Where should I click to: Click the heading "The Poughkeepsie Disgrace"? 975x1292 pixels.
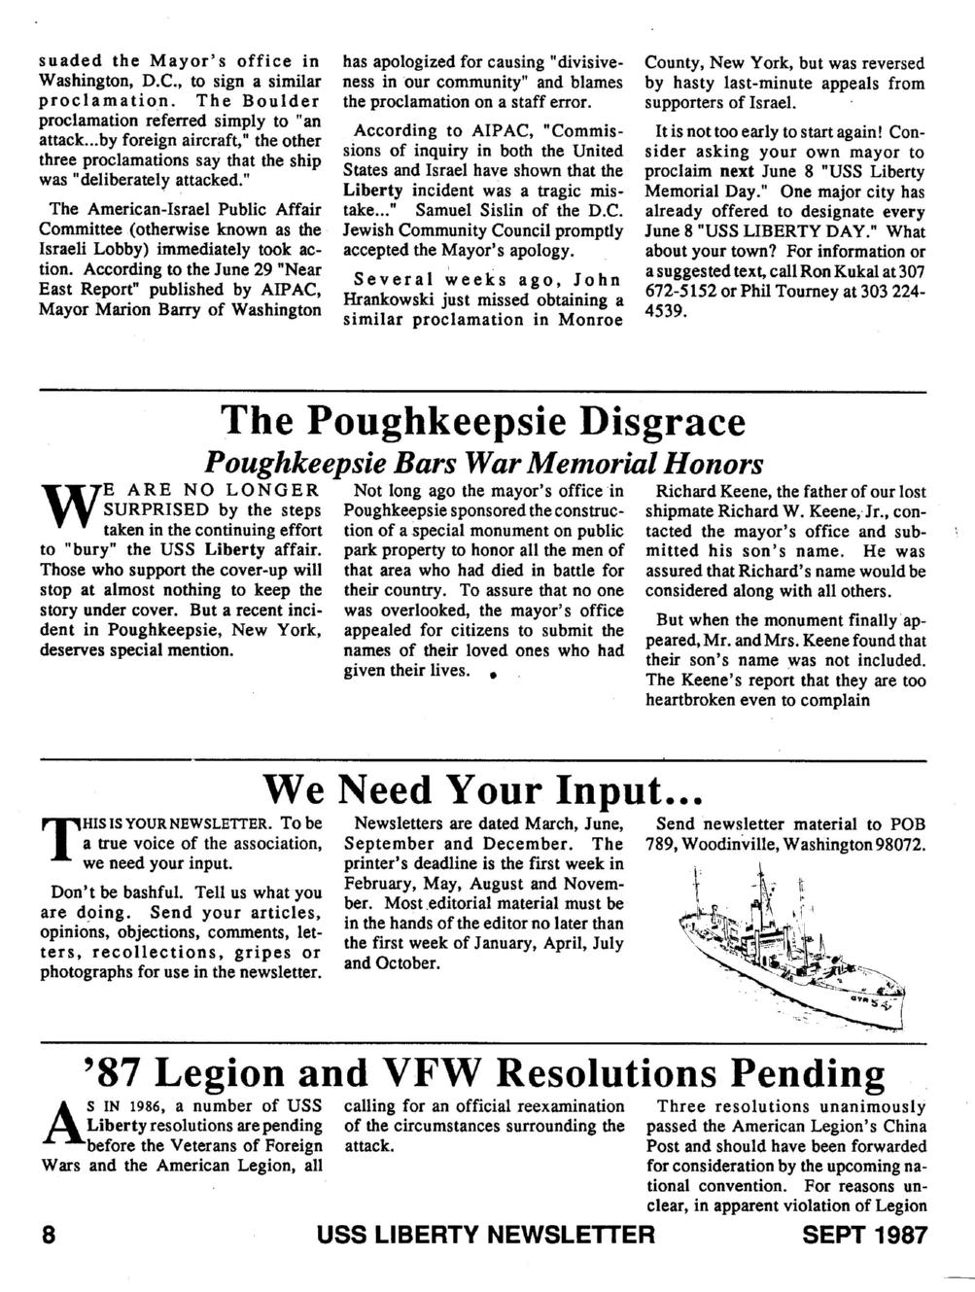click(x=483, y=423)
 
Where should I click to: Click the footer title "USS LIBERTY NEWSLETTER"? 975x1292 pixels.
click(x=488, y=1236)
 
